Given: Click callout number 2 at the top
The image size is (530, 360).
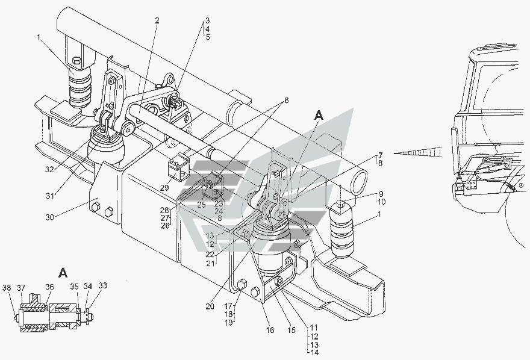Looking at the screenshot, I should point(156,20).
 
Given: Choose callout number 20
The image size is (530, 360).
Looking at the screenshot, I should point(210,306).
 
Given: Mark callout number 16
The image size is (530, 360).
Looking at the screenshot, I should point(270,330).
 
